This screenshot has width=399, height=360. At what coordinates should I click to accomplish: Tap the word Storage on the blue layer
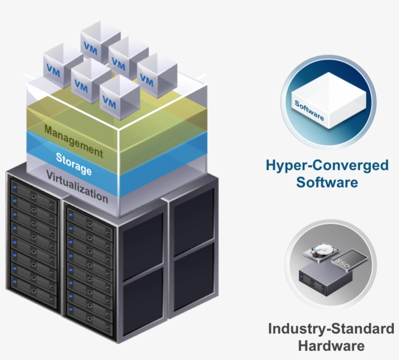pos(73,164)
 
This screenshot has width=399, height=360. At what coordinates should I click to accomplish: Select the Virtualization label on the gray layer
pos(77,186)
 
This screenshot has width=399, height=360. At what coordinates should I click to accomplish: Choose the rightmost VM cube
pos(156,73)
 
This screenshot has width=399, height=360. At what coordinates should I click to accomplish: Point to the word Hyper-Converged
pos(327,166)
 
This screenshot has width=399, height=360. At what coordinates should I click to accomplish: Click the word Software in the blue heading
pos(327,183)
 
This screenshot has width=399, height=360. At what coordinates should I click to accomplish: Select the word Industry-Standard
pos(331,329)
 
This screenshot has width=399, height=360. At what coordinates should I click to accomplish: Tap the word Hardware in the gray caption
pos(331,346)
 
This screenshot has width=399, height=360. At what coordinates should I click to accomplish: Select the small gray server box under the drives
pos(323,280)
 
